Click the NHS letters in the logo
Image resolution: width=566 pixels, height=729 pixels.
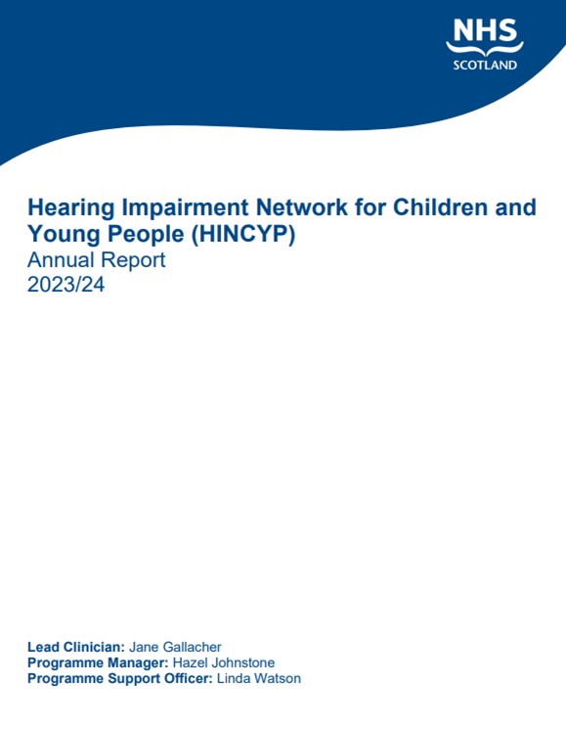(485, 30)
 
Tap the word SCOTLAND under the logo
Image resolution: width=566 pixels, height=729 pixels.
(485, 66)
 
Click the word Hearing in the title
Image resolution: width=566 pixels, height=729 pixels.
(71, 208)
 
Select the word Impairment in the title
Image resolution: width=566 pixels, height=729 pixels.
(185, 208)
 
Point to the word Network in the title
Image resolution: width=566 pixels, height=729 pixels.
(302, 206)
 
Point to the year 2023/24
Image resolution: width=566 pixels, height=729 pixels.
(65, 285)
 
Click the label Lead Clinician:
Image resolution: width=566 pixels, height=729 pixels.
(76, 647)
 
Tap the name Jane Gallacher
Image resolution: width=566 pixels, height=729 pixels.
(175, 647)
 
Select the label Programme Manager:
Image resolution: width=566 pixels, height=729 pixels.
(98, 663)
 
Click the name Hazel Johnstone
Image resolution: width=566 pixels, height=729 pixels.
(223, 662)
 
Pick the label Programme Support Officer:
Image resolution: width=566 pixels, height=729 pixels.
(120, 679)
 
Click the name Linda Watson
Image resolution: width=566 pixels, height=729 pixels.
(259, 678)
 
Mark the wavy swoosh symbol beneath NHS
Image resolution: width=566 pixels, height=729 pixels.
(485, 49)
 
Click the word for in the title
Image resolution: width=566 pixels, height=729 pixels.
(370, 206)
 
